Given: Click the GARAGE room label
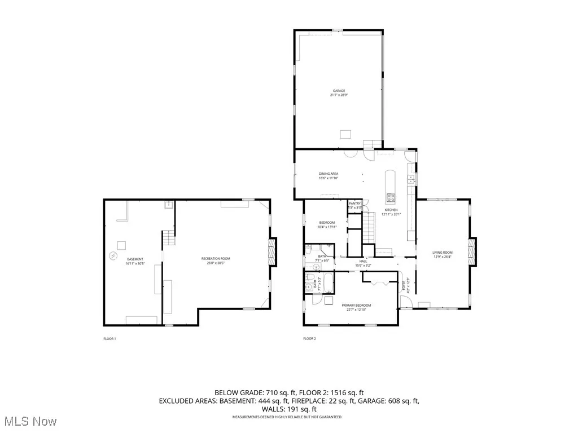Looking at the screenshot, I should [x=338, y=90].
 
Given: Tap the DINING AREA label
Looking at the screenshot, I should [x=328, y=174].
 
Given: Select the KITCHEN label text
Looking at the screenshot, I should [x=391, y=210].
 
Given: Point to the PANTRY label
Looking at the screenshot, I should [x=354, y=204].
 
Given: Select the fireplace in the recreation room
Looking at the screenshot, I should [x=273, y=251].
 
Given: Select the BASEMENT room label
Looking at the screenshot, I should [x=134, y=259].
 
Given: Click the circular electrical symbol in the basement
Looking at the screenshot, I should [x=113, y=257].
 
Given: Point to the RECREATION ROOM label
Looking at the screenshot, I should [x=216, y=258].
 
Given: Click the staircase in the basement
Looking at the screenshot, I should [x=167, y=240].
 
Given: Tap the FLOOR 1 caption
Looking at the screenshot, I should [x=110, y=339].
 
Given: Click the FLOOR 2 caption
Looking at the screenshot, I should [x=309, y=339].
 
